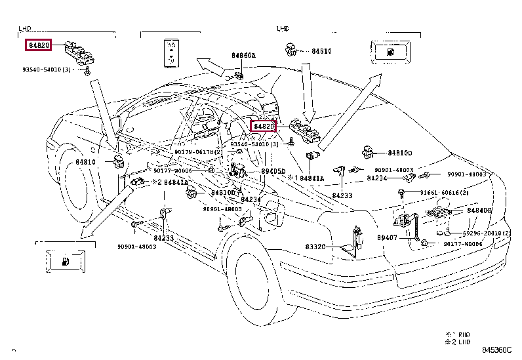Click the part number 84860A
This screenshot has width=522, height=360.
coord(243,56)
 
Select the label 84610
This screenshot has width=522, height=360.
coord(321,50)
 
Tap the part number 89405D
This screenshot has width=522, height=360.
coord(273,172)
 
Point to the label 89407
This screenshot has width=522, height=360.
coord(387,238)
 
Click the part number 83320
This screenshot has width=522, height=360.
coord(315,247)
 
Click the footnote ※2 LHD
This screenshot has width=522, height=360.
coord(459,342)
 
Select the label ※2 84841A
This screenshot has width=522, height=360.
coord(171,182)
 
